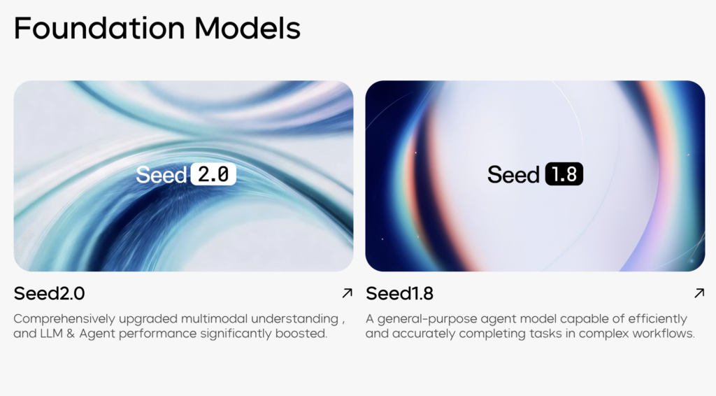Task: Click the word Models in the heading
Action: click(x=248, y=28)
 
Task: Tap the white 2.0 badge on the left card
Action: click(x=213, y=174)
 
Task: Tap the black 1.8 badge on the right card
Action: click(x=564, y=174)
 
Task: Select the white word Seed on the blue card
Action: click(x=162, y=174)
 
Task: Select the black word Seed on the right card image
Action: click(x=514, y=174)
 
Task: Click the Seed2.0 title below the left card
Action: click(x=49, y=293)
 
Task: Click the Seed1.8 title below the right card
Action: click(x=399, y=293)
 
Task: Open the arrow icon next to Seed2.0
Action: click(x=348, y=293)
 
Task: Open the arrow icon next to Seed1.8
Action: click(x=699, y=293)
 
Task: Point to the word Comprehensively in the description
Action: click(x=61, y=319)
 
